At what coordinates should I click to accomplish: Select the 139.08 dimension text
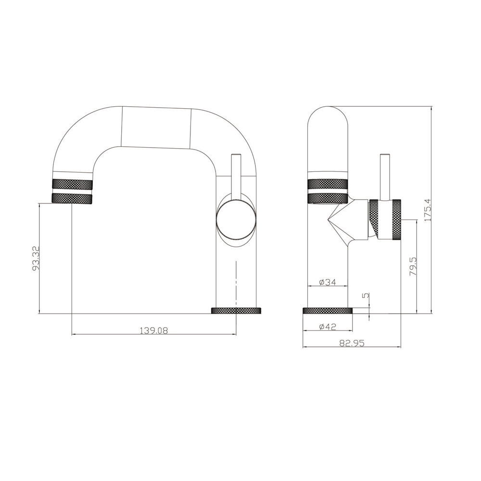coord(153,330)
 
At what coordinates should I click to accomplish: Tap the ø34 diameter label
coord(327,282)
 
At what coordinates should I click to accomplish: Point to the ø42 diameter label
coord(327,327)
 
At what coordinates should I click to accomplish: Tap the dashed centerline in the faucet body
coord(236,284)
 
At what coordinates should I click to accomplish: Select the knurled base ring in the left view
coord(236,310)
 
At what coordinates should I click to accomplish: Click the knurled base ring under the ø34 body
coord(328,310)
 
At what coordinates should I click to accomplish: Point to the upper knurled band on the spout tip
coord(72,184)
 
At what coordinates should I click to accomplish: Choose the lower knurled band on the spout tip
coord(72,198)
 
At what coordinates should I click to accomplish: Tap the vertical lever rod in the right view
coord(385,176)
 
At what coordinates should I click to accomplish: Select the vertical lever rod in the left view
coord(236,176)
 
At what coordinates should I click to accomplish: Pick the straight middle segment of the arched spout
coord(156,127)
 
